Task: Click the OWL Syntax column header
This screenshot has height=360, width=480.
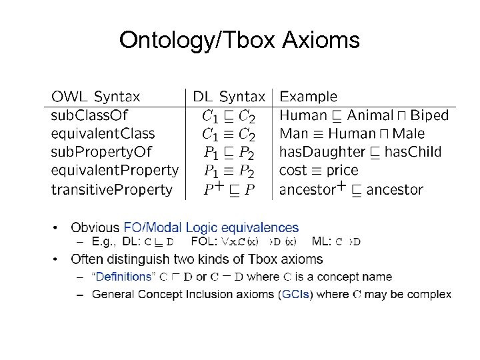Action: coord(96,97)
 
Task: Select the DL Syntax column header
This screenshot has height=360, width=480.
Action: coord(229,97)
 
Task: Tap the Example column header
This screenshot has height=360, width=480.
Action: coord(308,97)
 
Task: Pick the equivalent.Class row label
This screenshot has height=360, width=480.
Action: coord(103,134)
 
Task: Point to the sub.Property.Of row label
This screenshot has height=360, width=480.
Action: coord(102,152)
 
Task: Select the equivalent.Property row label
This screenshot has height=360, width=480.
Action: coord(115,171)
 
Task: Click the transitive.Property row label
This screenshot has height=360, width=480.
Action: coord(111,189)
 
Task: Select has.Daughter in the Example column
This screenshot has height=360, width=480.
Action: coord(322,152)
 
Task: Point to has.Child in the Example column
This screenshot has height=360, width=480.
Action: coord(413,152)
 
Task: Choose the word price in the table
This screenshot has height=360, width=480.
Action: coord(342,171)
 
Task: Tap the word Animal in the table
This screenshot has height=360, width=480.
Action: coord(369,115)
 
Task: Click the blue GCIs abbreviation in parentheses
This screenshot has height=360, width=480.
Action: coord(296,294)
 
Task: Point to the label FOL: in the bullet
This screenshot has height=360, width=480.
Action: coord(203,241)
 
